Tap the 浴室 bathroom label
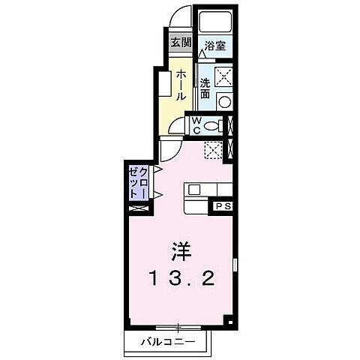click(217, 44)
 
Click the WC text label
click(194, 125)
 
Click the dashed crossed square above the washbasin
click(223, 75)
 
